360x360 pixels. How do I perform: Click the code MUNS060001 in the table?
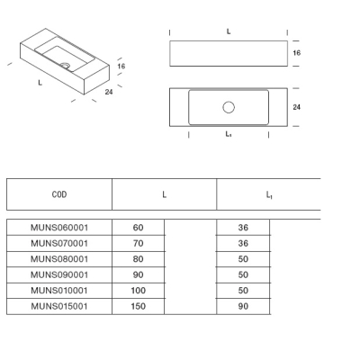click(59, 228)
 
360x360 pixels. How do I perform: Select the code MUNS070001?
click(59, 243)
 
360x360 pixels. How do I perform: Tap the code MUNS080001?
click(59, 259)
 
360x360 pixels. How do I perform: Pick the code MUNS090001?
click(59, 274)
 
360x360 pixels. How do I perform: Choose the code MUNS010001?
click(59, 291)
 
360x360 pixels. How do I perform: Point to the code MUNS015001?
click(59, 306)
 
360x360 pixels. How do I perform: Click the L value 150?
click(139, 306)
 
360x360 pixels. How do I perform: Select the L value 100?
click(139, 291)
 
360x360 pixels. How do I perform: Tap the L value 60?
click(139, 228)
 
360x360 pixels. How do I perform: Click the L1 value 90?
click(243, 306)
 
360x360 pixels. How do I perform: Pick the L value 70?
click(139, 243)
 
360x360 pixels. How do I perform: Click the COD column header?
click(59, 194)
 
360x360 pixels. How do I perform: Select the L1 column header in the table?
click(269, 195)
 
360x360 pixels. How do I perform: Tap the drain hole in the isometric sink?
click(65, 65)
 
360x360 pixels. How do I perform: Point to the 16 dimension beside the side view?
click(297, 53)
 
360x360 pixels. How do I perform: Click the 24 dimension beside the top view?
click(297, 107)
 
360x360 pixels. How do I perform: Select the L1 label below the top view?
click(229, 134)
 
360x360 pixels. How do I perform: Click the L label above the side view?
click(229, 31)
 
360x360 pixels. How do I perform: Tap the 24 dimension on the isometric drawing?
click(109, 92)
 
